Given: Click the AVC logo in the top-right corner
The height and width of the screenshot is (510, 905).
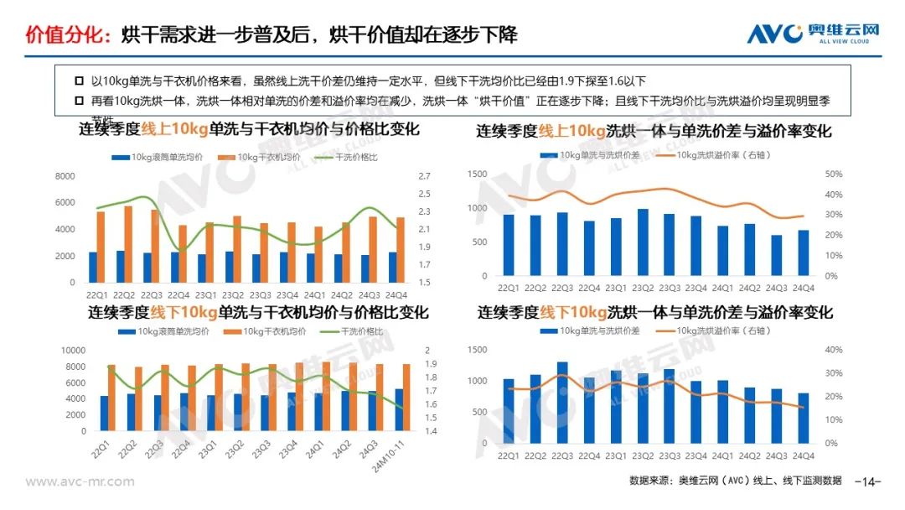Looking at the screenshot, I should [x=812, y=33].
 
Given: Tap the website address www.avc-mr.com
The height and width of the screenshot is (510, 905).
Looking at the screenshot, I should [x=80, y=481].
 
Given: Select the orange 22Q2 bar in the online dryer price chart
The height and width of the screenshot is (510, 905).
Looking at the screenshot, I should [x=128, y=244].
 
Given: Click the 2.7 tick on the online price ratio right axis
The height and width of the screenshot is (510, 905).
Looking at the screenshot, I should [x=423, y=176].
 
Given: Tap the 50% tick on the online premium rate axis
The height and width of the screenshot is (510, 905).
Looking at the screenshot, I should [x=833, y=174].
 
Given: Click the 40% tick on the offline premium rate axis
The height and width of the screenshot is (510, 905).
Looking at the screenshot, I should [x=833, y=350].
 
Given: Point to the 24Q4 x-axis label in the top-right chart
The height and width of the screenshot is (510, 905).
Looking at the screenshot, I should [x=804, y=289].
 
